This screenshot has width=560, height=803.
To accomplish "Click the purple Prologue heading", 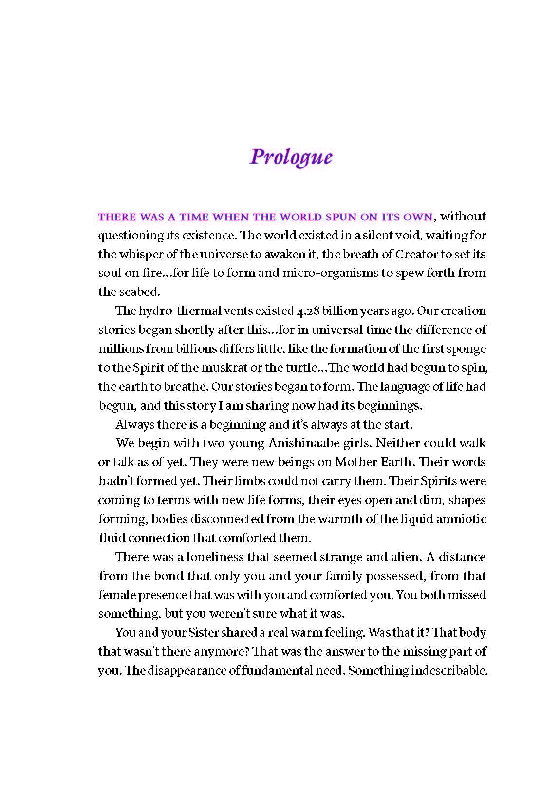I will [291, 157].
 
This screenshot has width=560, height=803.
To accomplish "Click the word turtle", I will [302, 367].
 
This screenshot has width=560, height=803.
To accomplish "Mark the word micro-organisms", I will [330, 273].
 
